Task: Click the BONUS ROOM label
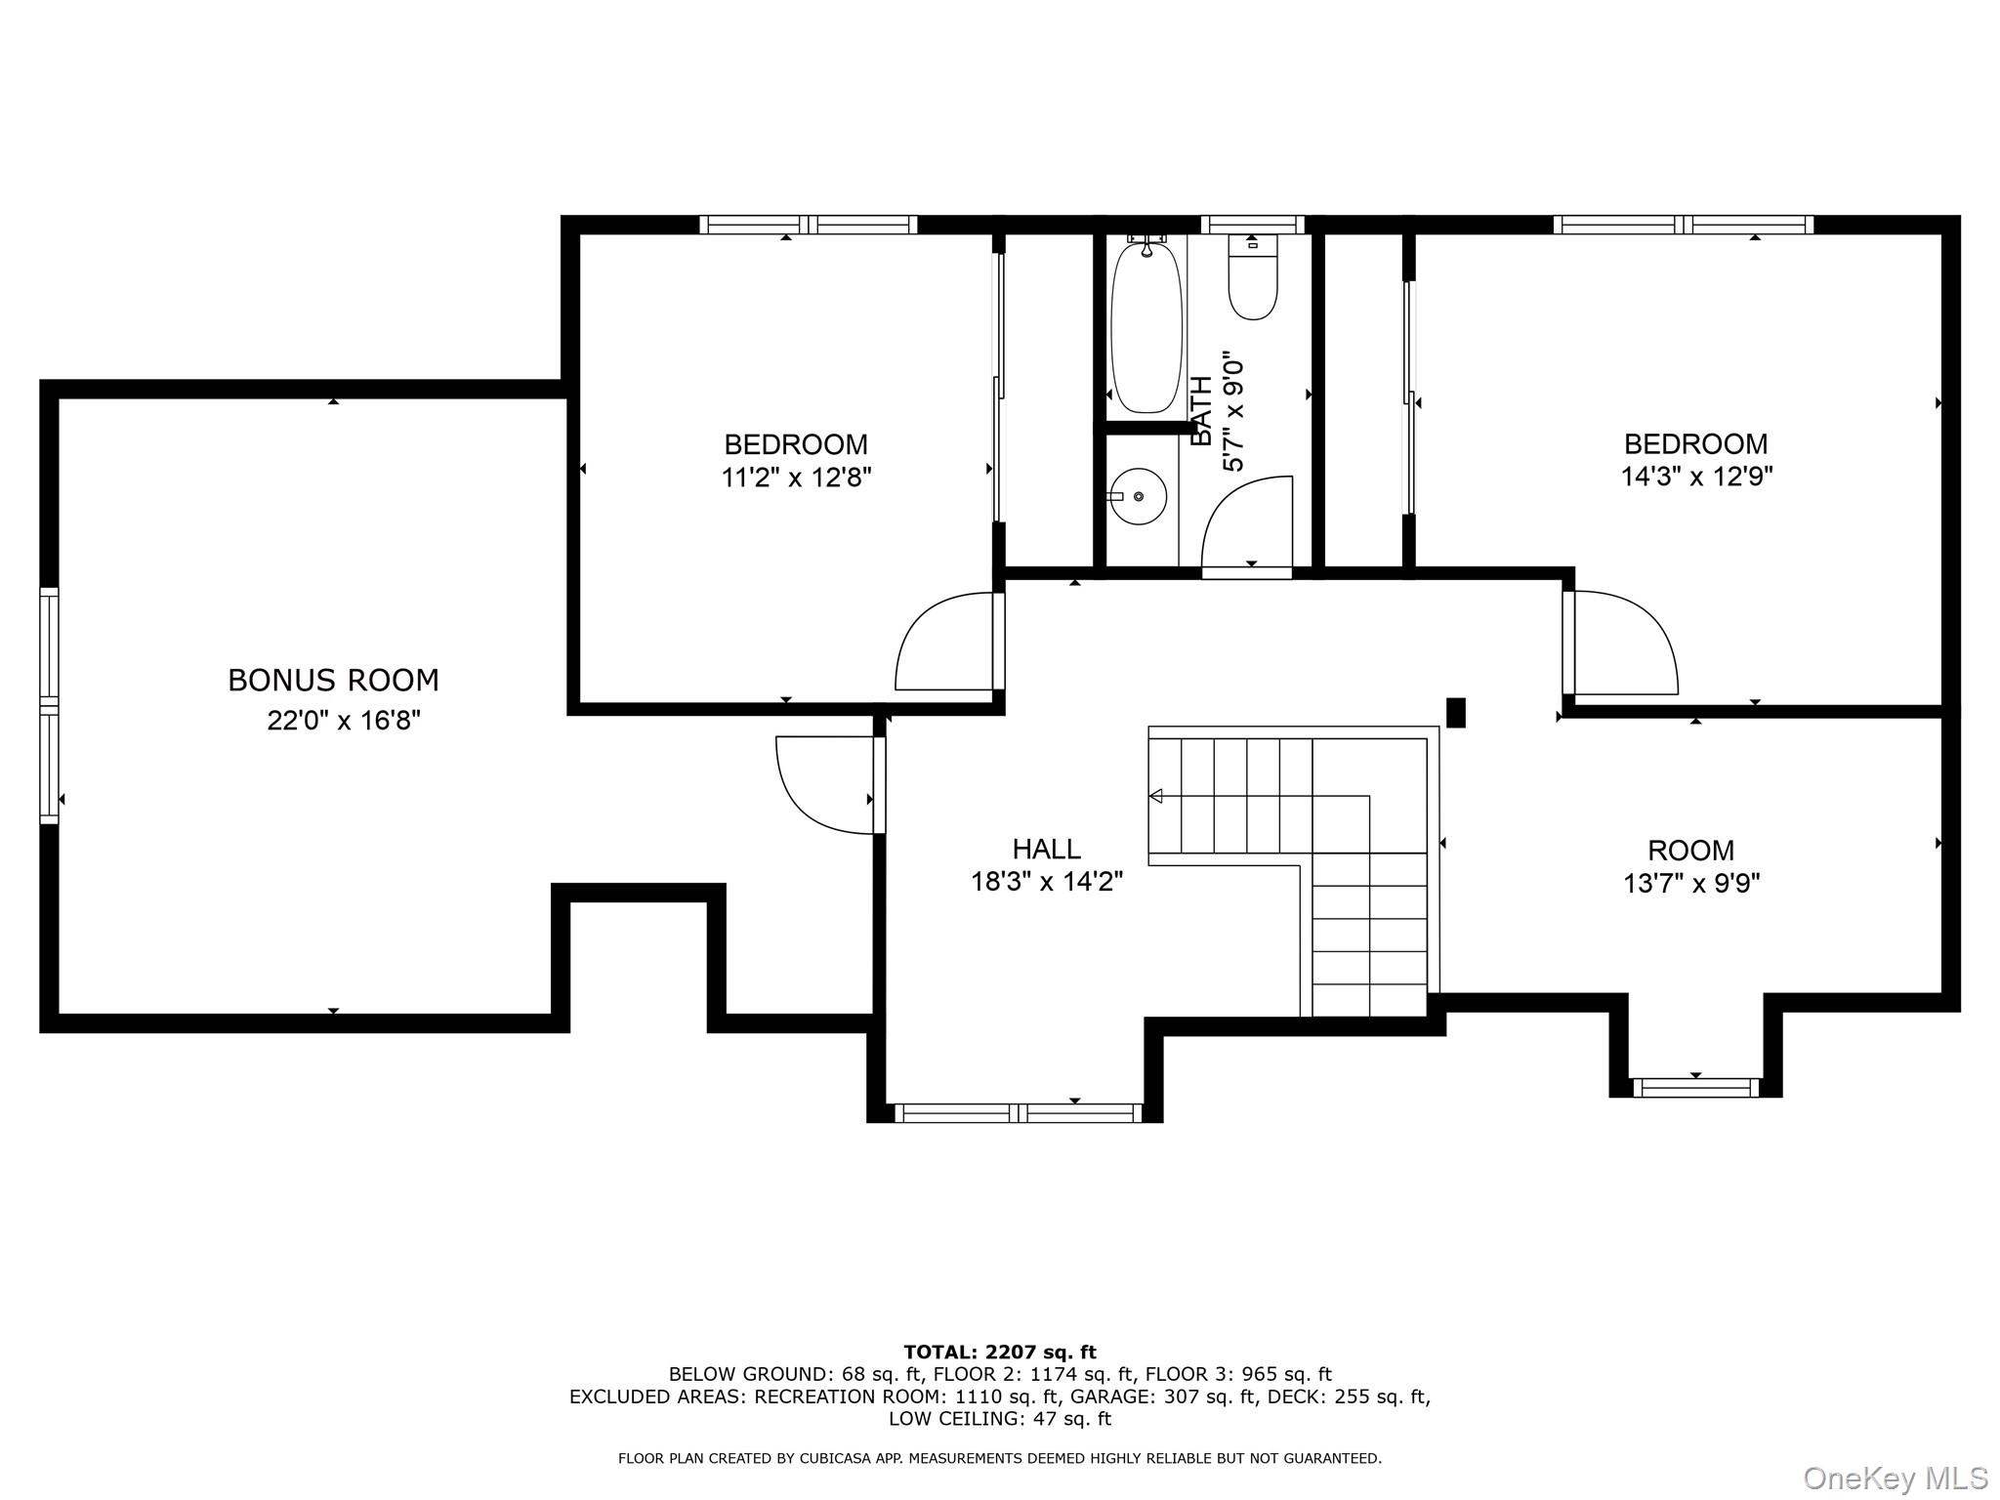[x=333, y=680]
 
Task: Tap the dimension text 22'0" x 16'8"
[x=344, y=721]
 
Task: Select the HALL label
[x=1046, y=848]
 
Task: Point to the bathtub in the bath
[x=1146, y=327]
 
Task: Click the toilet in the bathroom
[x=1253, y=283]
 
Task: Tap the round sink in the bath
[x=1139, y=496]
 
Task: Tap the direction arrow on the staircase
[x=1156, y=796]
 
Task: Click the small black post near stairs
[x=1455, y=712]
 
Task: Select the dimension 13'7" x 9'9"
[x=1691, y=884]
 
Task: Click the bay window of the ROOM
[x=1695, y=1087]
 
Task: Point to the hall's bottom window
[x=1018, y=1112]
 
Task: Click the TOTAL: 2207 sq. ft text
[x=1000, y=1352]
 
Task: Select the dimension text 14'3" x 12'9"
[x=1696, y=477]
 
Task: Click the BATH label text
[x=1202, y=411]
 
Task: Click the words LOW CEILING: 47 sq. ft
[x=1000, y=1419]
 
